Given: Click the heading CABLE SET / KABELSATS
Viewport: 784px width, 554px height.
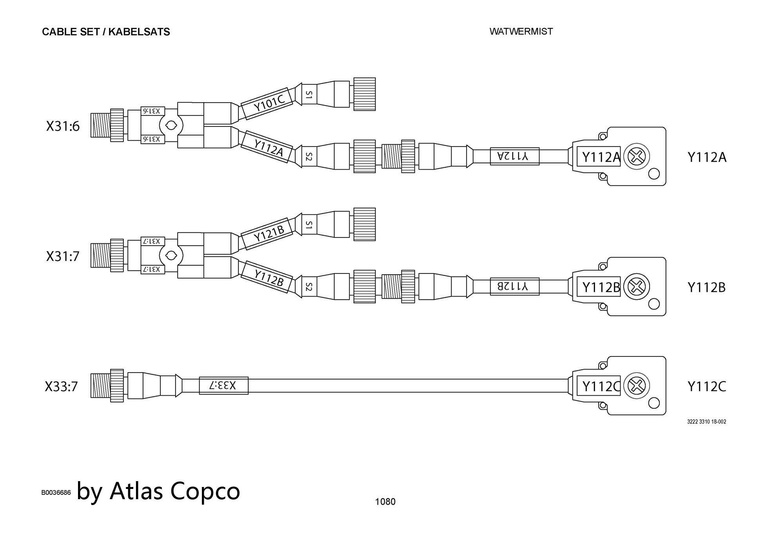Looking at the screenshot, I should pyautogui.click(x=106, y=32).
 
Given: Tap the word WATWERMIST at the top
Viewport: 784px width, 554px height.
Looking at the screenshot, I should pyautogui.click(x=521, y=31).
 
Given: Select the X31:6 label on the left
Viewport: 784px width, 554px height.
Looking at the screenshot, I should pyautogui.click(x=63, y=126).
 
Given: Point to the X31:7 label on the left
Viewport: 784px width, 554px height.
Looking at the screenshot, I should pyautogui.click(x=63, y=256).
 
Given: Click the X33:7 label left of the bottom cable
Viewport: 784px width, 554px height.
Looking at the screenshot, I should pyautogui.click(x=61, y=387).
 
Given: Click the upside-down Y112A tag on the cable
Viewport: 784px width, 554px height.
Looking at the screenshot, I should pyautogui.click(x=514, y=156).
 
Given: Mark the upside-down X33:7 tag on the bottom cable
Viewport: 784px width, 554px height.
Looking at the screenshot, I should pyautogui.click(x=223, y=386).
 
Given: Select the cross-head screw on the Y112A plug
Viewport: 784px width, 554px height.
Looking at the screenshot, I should pyautogui.click(x=636, y=157).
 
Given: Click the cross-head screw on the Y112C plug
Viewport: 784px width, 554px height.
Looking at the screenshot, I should pyautogui.click(x=636, y=386).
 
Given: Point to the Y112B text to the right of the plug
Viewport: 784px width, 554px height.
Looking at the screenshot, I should pyautogui.click(x=706, y=288).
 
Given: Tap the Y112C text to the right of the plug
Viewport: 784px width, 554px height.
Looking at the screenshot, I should pyautogui.click(x=706, y=387).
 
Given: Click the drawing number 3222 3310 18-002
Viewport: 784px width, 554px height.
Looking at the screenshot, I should pyautogui.click(x=706, y=422).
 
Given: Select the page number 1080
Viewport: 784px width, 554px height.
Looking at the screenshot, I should pyautogui.click(x=385, y=501).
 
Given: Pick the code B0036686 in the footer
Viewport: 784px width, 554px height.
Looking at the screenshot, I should pyautogui.click(x=56, y=492).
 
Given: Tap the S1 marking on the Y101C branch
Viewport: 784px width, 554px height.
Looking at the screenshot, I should pyautogui.click(x=309, y=94).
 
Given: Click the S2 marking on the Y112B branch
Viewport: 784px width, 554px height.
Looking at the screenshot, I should pyautogui.click(x=309, y=287).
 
